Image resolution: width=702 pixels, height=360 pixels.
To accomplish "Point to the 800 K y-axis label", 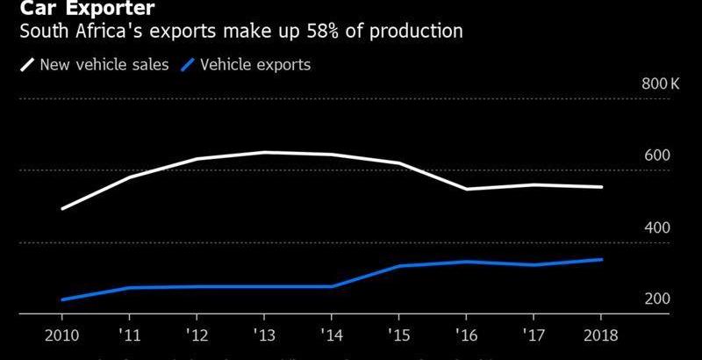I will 661,84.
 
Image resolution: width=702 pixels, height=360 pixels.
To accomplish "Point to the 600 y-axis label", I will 658,155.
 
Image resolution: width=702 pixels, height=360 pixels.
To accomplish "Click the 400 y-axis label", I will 658,227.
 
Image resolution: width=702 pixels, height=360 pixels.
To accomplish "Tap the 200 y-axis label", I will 658,299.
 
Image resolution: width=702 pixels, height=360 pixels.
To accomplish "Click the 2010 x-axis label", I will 62,335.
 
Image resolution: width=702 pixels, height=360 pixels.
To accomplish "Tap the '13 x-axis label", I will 264,335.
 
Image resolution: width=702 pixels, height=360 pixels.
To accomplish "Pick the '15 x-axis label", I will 398,335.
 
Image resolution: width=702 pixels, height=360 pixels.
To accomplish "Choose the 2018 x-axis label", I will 600,335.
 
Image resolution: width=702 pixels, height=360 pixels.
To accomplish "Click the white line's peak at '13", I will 264,152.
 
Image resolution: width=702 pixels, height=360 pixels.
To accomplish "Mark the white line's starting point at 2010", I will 62,209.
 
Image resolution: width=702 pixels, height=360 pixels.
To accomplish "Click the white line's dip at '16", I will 466,189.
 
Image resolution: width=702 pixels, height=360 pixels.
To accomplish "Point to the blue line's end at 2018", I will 600,259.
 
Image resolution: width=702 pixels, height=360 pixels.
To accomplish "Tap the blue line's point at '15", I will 398,266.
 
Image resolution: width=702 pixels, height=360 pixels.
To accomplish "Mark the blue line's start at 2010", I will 62,299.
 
